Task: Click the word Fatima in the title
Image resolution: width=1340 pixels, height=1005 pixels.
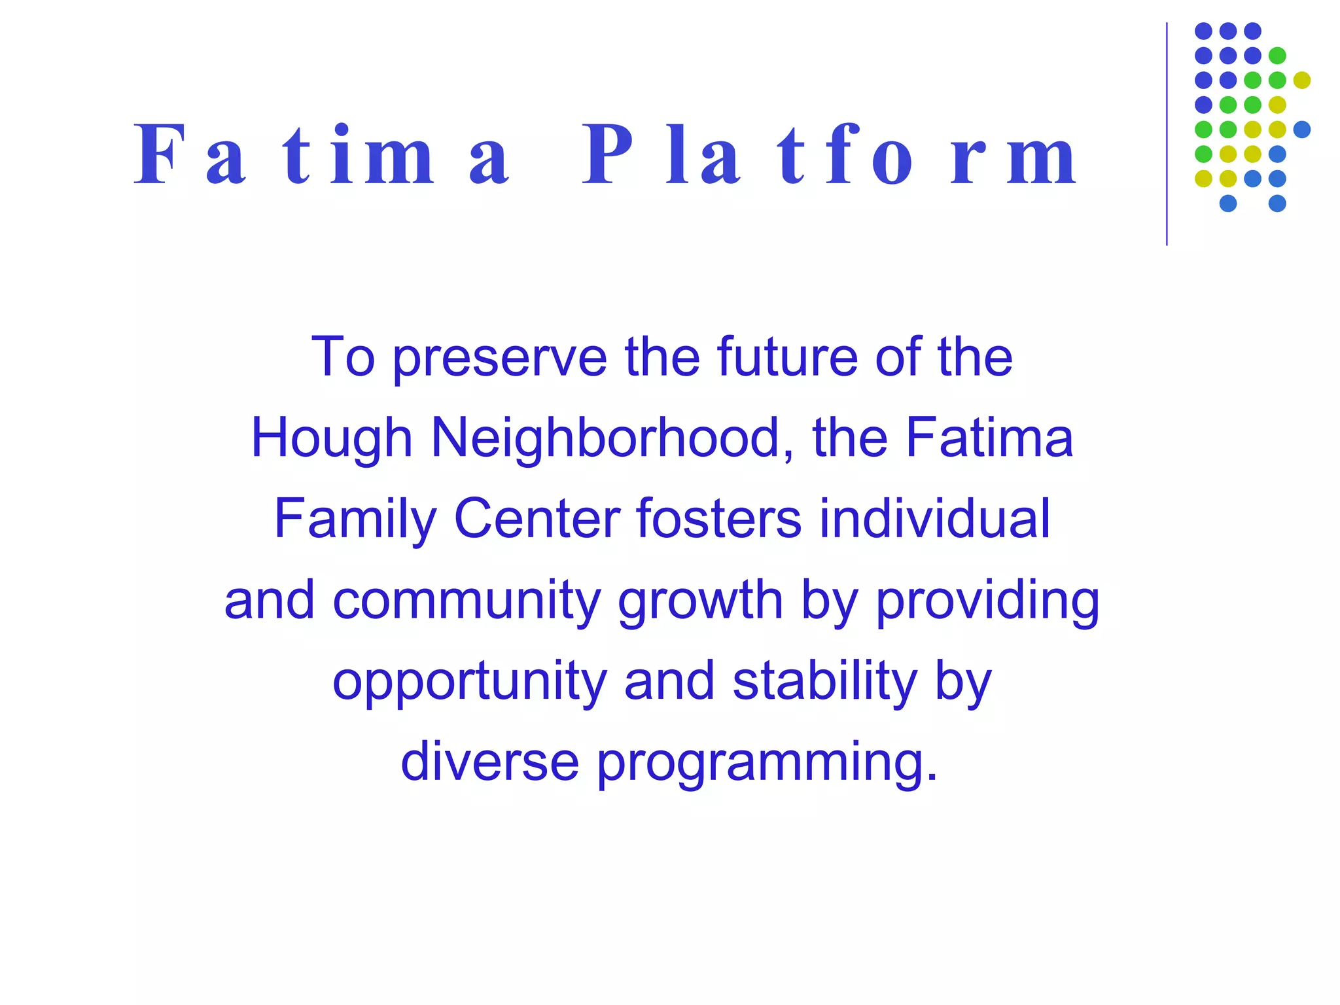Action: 321,156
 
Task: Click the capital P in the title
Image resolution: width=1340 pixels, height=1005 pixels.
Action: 607,154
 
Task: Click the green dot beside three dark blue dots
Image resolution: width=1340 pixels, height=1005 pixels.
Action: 1277,56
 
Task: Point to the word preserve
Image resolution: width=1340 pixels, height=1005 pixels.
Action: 500,358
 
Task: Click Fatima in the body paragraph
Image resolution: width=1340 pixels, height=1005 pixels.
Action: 989,438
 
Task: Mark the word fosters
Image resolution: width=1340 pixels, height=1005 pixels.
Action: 718,519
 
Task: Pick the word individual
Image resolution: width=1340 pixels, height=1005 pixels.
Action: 935,519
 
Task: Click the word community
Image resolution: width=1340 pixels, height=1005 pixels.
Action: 467,601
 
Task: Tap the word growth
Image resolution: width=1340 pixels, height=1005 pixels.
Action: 701,601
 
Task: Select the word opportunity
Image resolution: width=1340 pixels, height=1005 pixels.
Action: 470,682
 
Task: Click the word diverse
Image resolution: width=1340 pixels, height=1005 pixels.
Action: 490,762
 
